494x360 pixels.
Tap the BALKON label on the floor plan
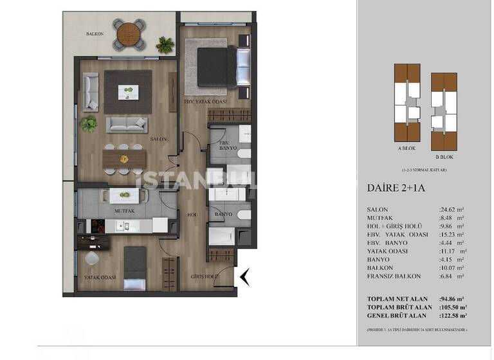(x=95, y=33)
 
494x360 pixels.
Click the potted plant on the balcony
(x=165, y=44)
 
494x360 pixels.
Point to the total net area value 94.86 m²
(x=453, y=300)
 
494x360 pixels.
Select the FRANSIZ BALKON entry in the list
(x=394, y=276)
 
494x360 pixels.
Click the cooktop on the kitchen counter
(x=95, y=226)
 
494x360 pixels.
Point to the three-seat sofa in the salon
(x=126, y=124)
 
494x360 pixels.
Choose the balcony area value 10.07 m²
(x=452, y=267)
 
